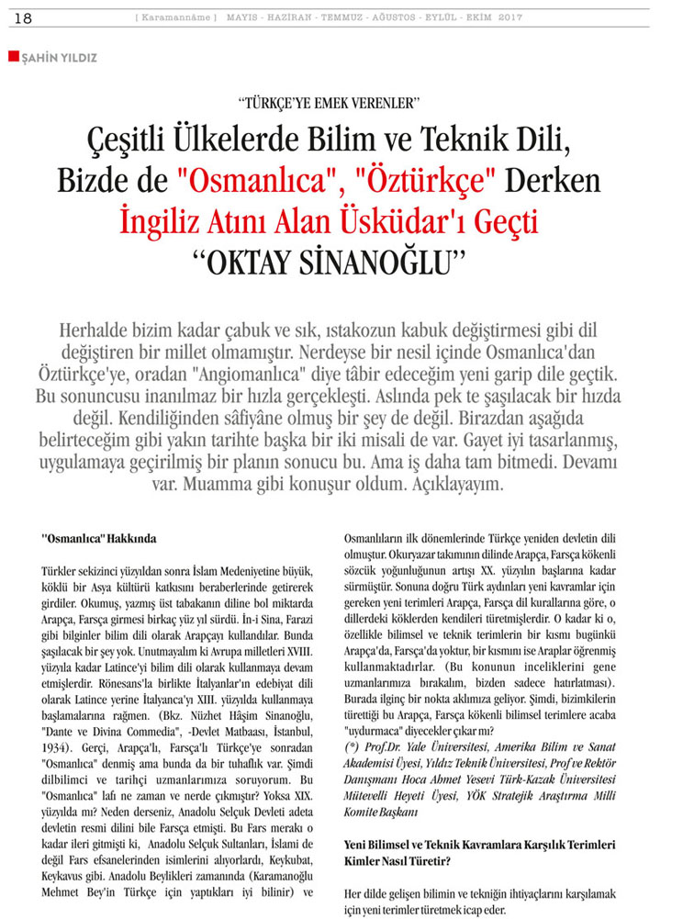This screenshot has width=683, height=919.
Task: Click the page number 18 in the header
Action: click(24, 18)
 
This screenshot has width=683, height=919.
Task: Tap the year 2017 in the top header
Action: click(509, 18)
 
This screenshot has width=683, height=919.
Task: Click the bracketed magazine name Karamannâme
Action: click(177, 18)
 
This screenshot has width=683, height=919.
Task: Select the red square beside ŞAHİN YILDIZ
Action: click(12, 57)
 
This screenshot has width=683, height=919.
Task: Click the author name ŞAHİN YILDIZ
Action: click(57, 57)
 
